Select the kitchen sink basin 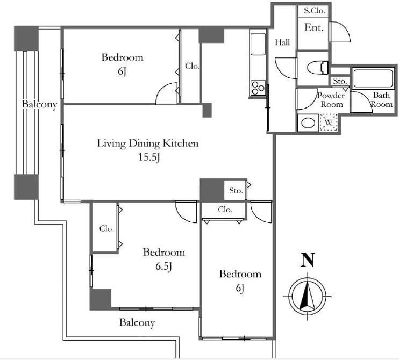(258, 44)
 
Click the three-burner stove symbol (258, 88)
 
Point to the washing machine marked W (329, 123)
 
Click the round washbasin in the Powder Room (308, 123)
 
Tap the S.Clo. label (315, 11)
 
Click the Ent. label (313, 27)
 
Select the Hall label (282, 42)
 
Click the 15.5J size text (149, 157)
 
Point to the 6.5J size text (164, 267)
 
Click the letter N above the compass (308, 260)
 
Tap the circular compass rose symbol (308, 296)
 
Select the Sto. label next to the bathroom (340, 81)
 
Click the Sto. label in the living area (236, 190)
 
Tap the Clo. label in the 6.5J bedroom (106, 228)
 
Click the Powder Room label (331, 100)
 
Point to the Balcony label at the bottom (137, 322)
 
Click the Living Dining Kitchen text (148, 143)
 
